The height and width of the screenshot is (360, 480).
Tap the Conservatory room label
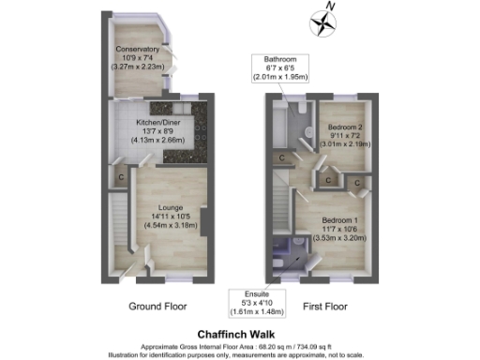138,49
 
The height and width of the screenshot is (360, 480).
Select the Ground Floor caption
157,307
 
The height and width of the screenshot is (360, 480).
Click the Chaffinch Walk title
240,333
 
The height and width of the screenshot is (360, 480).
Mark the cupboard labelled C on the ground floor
121,175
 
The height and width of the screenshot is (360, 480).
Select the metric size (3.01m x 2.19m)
345,145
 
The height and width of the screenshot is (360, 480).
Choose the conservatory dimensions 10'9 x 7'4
138,58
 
